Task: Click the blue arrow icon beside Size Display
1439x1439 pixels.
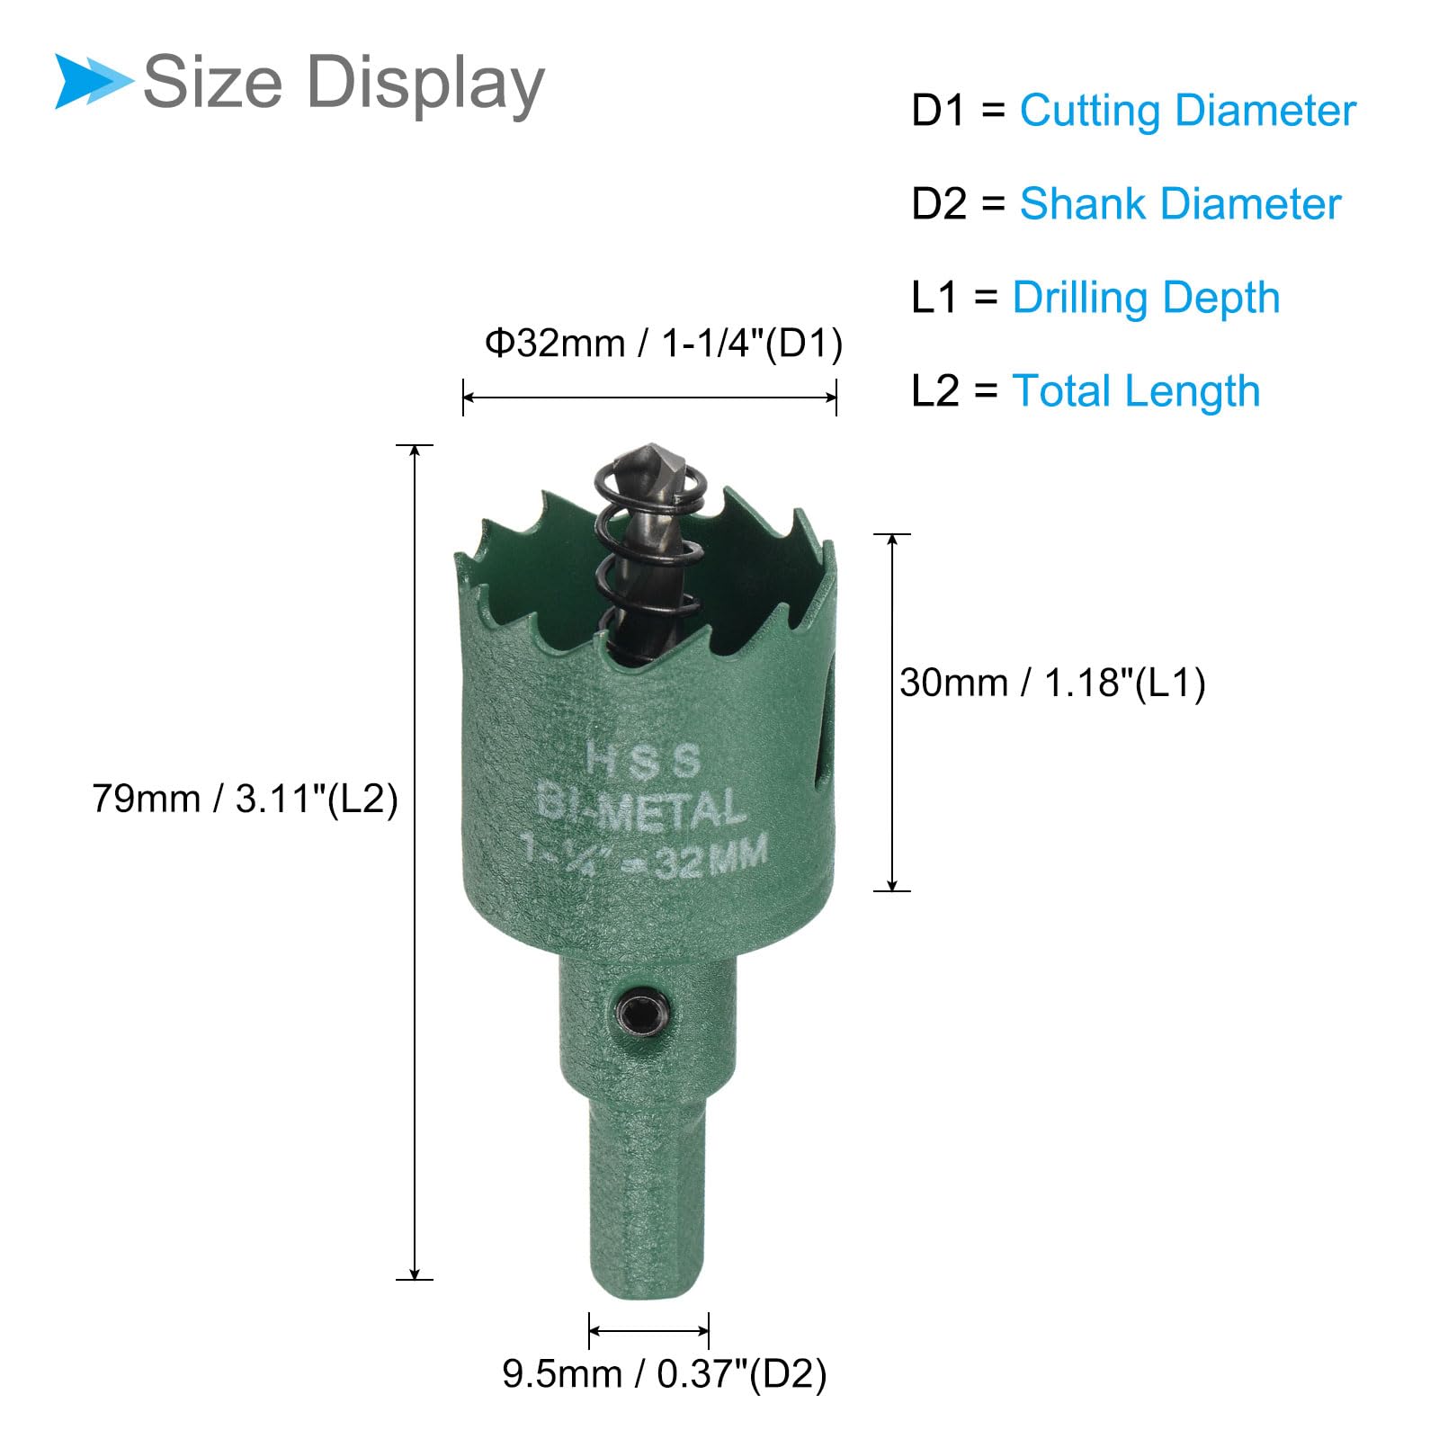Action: pyautogui.click(x=94, y=82)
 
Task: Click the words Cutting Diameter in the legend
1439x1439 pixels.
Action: pyautogui.click(x=1187, y=112)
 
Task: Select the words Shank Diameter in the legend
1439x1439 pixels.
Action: pyautogui.click(x=1180, y=204)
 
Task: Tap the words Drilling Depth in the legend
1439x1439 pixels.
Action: pyautogui.click(x=1146, y=299)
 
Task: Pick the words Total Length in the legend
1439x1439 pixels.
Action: pyautogui.click(x=1136, y=391)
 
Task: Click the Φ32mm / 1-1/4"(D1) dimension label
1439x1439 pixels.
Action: pyautogui.click(x=664, y=344)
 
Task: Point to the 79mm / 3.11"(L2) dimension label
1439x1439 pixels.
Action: pyautogui.click(x=245, y=799)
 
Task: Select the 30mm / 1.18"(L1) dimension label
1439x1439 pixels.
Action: pyautogui.click(x=1052, y=684)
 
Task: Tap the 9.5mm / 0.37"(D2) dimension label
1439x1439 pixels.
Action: pyautogui.click(x=664, y=1373)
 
